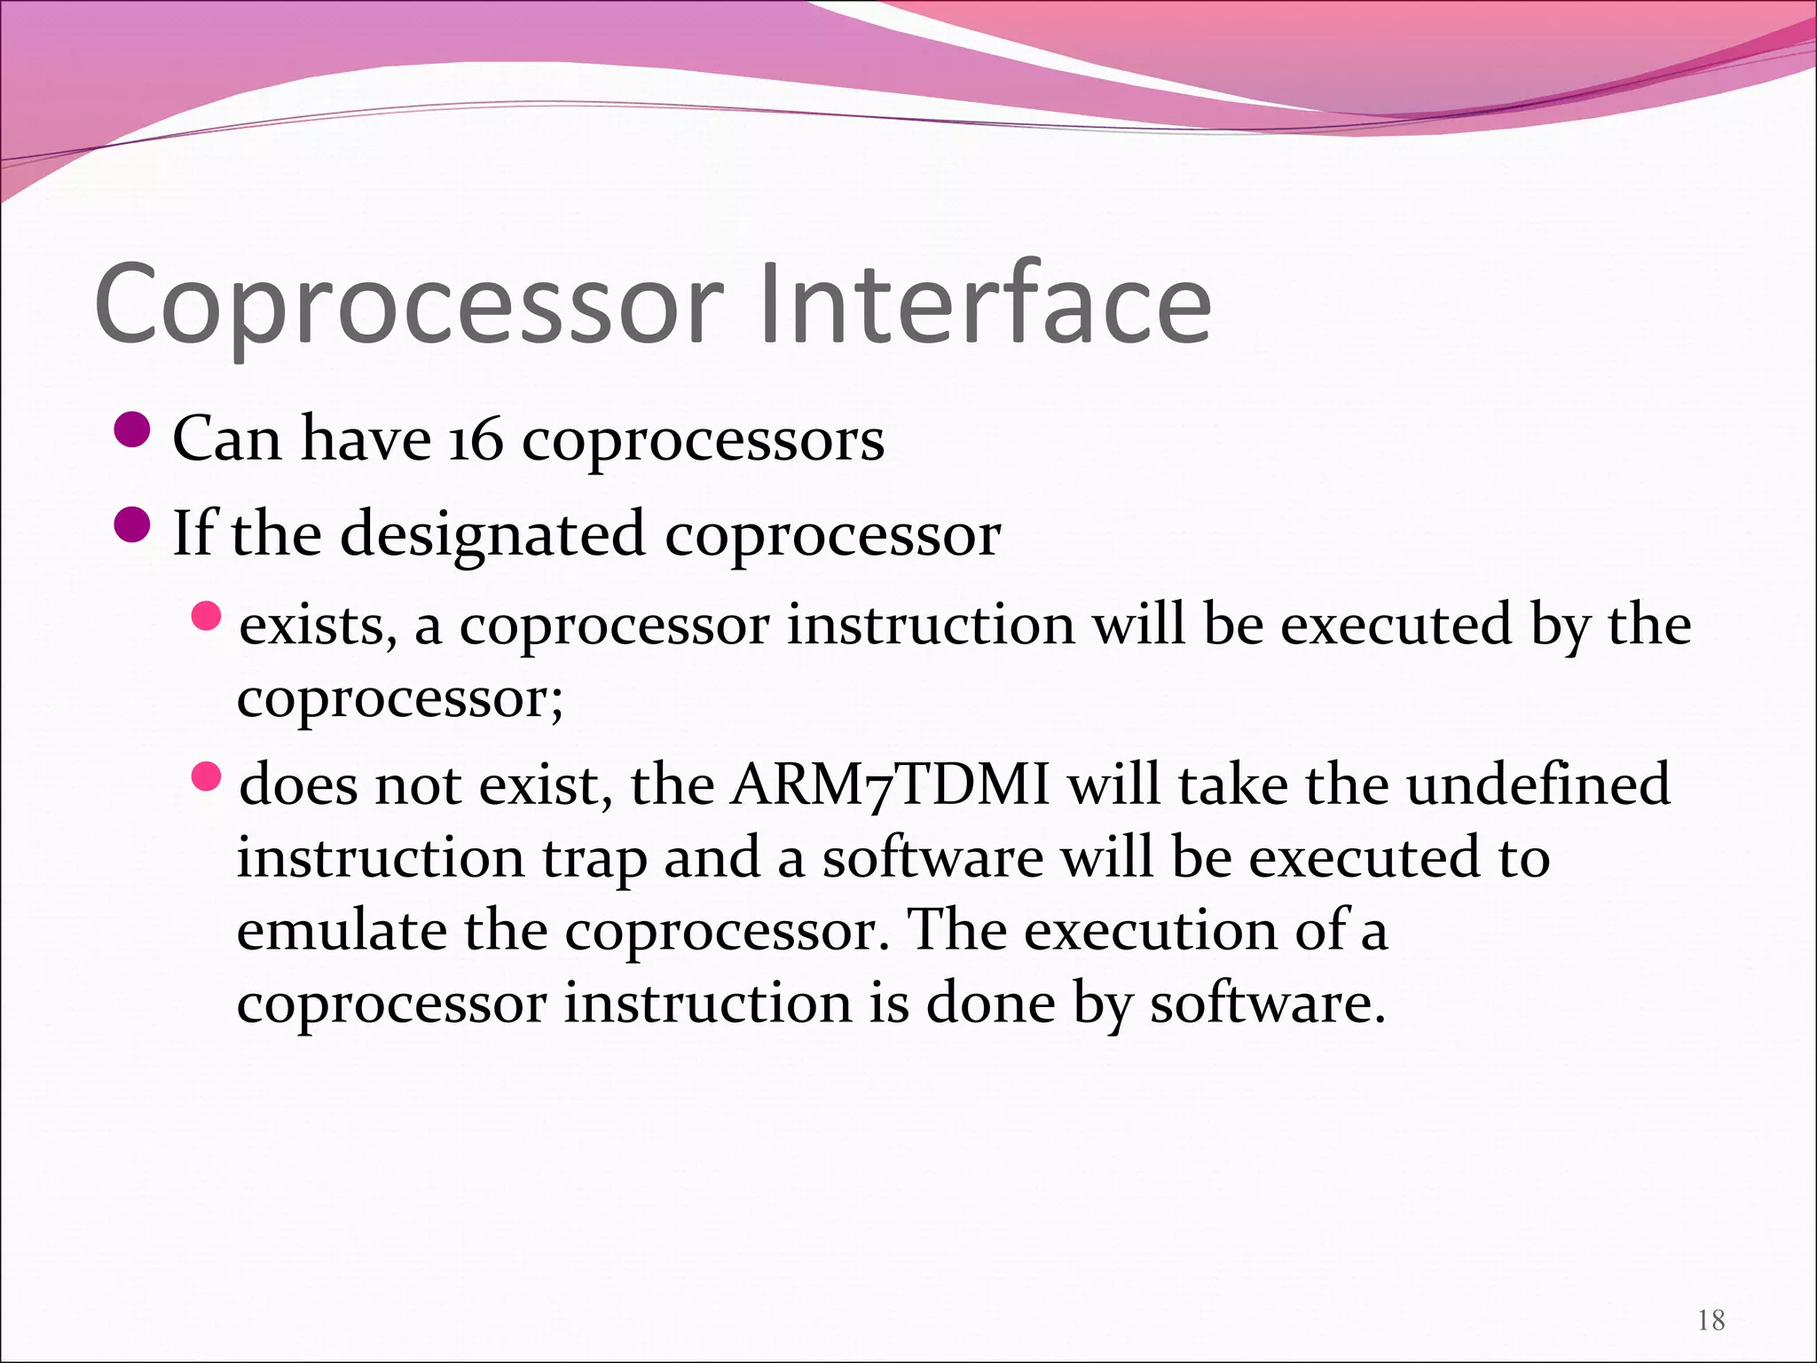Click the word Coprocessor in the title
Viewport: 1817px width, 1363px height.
(x=408, y=306)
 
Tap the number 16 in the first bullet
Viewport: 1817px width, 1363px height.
(x=475, y=439)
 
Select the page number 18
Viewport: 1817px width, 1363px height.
(x=1711, y=1320)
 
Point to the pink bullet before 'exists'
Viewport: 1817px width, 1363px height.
(x=206, y=615)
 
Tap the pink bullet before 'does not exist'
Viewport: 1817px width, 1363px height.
(x=206, y=777)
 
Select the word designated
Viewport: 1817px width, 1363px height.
(x=492, y=534)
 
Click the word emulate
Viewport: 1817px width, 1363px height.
(x=342, y=932)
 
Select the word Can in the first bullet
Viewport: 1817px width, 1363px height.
(x=227, y=439)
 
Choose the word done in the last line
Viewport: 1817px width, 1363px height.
(x=990, y=1005)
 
